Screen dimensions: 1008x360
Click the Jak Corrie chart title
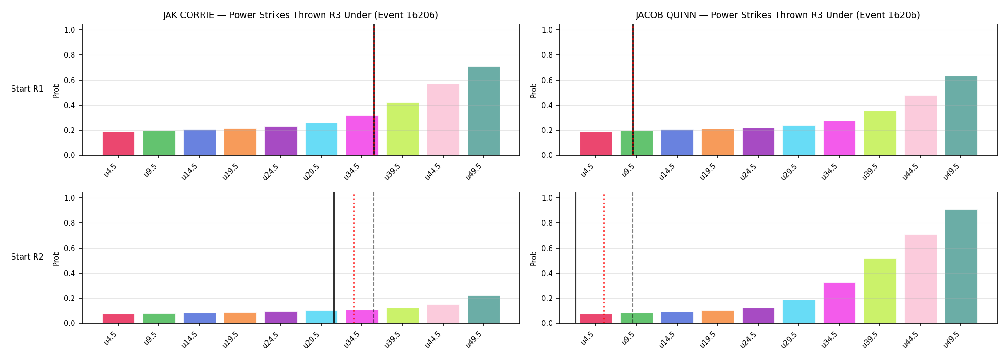[x=300, y=15]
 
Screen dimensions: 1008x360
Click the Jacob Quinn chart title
[x=778, y=15]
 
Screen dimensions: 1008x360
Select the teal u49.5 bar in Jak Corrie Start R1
[x=483, y=111]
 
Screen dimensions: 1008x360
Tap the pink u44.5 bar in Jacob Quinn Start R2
[x=921, y=279]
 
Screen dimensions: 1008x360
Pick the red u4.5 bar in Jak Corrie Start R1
[x=119, y=144]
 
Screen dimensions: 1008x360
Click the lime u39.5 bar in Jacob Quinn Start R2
[x=880, y=291]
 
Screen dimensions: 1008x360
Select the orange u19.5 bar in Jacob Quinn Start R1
[x=718, y=142]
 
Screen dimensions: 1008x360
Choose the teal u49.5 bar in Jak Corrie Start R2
[x=483, y=309]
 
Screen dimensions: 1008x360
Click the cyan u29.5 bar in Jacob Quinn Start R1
[x=799, y=140]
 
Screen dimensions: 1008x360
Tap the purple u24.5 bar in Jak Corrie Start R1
[x=281, y=141]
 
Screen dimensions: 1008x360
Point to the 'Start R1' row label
[x=27, y=89]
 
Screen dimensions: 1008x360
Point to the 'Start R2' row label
[x=27, y=257]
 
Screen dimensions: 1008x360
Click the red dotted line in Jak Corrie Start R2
[x=354, y=258]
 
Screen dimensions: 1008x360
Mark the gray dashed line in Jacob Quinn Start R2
[x=633, y=258]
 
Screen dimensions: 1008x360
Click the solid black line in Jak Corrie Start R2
[x=334, y=258]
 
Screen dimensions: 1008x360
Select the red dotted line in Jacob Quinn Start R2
[x=604, y=258]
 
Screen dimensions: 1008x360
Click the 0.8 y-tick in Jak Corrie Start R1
[x=70, y=55]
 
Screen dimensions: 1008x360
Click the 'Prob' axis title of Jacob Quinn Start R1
[x=534, y=90]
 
